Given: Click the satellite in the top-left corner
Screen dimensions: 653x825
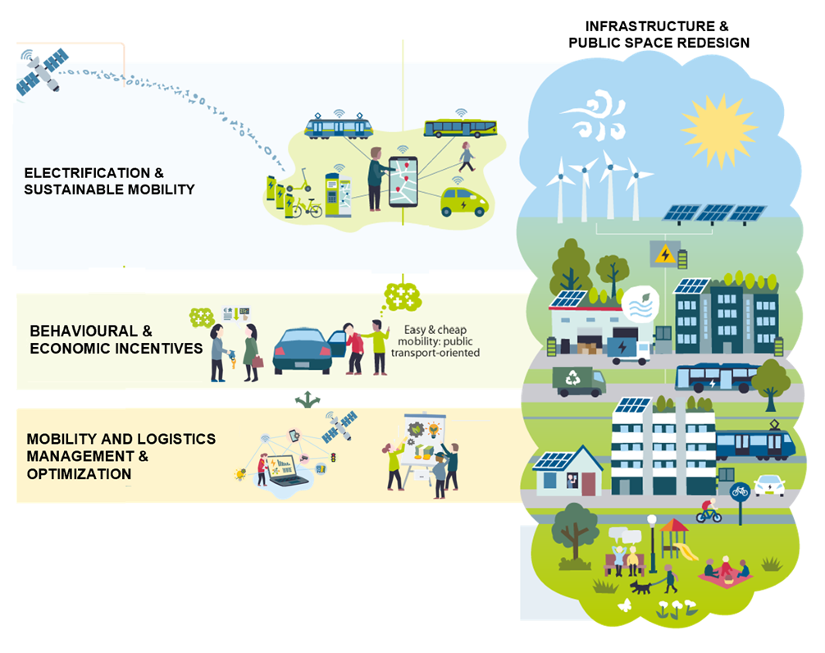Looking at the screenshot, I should [x=41, y=71].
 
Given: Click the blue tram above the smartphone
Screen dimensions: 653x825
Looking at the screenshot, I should [x=339, y=126].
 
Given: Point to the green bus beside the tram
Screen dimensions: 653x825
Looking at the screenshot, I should [x=459, y=127].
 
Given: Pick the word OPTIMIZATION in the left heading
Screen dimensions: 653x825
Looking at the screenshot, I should [x=79, y=474].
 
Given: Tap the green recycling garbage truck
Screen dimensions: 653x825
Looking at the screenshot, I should [x=580, y=381].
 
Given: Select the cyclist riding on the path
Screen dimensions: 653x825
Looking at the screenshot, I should [x=709, y=511].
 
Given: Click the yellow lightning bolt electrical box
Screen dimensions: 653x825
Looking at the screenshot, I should [x=666, y=253].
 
